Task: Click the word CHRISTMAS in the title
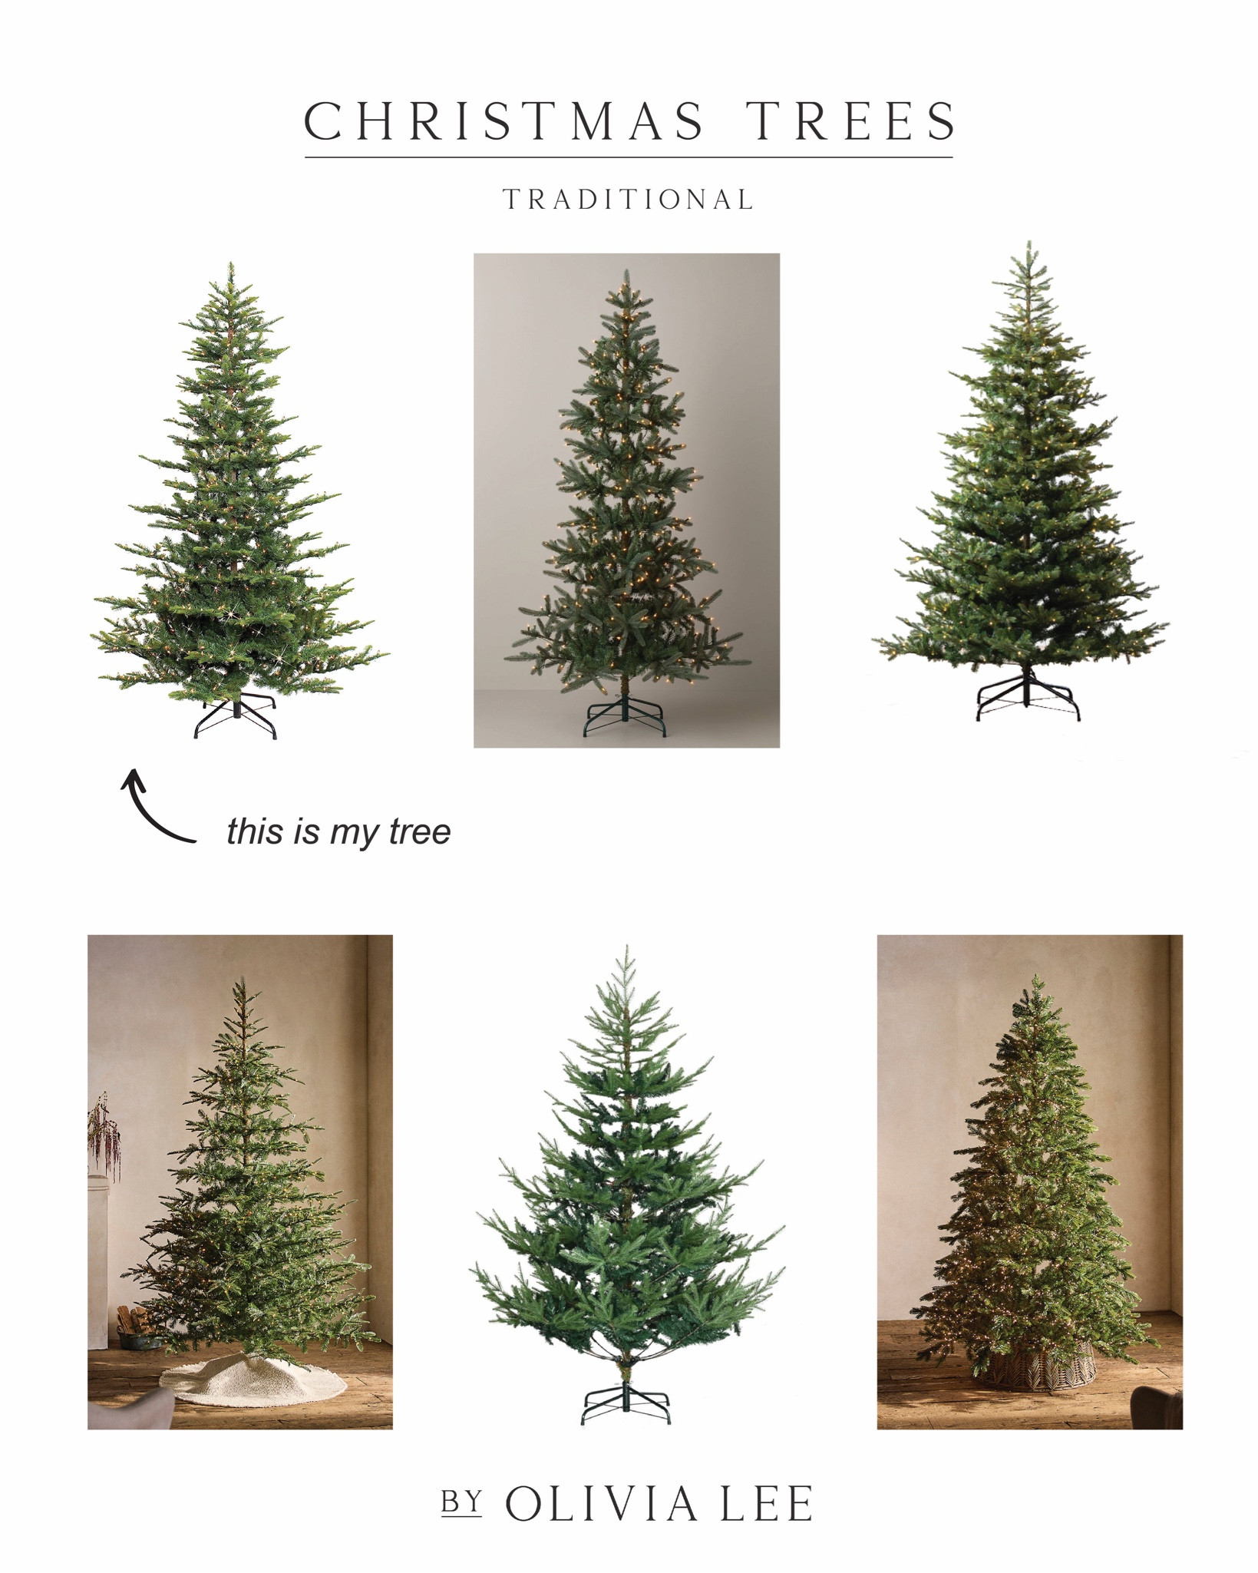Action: click(504, 121)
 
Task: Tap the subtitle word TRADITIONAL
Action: click(629, 200)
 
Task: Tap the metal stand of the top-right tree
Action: click(1027, 697)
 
